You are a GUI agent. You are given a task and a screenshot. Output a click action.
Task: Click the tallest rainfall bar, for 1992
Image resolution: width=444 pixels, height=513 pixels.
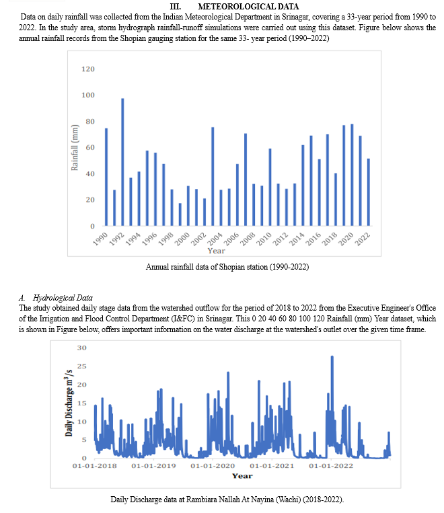coord(122,162)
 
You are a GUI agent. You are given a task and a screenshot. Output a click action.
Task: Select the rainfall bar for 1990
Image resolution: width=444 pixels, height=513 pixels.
coord(106,177)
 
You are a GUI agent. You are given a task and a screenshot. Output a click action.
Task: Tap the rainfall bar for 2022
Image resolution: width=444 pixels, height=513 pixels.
coord(369,192)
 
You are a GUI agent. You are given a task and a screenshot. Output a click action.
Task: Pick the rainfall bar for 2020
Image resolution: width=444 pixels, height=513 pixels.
coord(352,175)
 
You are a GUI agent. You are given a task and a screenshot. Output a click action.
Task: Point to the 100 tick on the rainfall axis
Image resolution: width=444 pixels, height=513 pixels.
coord(87,95)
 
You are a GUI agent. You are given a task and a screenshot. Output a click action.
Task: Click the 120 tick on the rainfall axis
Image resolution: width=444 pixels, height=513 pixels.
coord(87,69)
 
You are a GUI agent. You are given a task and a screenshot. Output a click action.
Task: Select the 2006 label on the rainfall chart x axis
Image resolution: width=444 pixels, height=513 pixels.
coord(231,239)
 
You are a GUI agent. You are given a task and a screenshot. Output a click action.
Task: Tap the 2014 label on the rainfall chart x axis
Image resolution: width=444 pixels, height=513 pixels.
coord(297,239)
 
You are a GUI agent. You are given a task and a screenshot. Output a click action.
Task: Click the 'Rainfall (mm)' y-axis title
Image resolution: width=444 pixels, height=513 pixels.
coord(75,147)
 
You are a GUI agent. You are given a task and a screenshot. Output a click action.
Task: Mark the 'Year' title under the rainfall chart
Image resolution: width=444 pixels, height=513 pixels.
coord(216,251)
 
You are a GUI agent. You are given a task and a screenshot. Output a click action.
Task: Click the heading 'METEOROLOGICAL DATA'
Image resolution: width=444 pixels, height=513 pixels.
coord(248,7)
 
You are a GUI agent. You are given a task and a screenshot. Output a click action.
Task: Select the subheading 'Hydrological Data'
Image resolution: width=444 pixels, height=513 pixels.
coord(63,298)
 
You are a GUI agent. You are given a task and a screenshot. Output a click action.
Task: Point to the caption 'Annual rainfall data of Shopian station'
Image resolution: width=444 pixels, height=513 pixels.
coord(207,267)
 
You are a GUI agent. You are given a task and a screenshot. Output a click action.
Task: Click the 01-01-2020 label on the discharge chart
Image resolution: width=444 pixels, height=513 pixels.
coord(213,466)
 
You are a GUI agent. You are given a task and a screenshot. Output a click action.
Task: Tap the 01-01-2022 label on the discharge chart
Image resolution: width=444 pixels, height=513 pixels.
coord(331,466)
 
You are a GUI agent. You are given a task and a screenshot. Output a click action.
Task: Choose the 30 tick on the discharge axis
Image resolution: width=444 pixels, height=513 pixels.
coord(82,348)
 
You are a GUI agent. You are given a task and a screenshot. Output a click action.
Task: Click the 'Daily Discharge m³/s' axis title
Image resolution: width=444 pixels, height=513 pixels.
coord(69,403)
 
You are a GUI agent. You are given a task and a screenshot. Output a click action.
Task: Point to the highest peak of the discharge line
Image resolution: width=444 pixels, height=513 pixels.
coord(332,356)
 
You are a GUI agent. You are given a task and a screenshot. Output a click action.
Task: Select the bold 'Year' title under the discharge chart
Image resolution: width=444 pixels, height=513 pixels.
coord(242,476)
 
